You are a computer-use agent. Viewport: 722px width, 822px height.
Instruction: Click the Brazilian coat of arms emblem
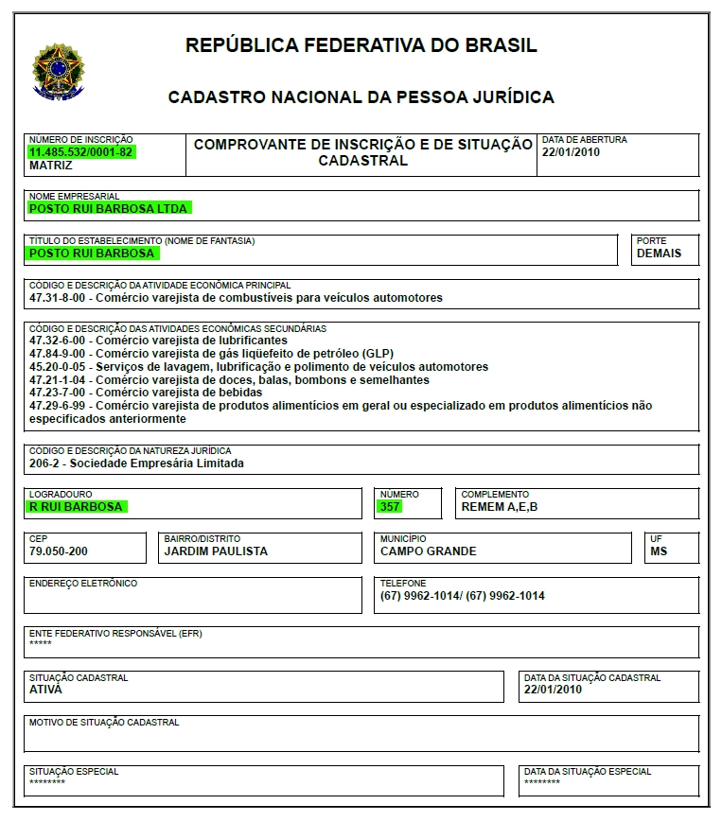tap(59, 72)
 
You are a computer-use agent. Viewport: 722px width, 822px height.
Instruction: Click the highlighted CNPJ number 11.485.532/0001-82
tap(81, 151)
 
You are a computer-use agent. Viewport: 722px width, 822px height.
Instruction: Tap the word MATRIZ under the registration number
tap(50, 164)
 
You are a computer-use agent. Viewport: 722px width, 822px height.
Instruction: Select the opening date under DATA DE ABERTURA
tap(571, 151)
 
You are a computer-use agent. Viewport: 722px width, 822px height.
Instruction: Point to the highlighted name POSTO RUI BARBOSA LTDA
tap(109, 208)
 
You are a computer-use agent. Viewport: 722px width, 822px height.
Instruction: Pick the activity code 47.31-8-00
tap(58, 297)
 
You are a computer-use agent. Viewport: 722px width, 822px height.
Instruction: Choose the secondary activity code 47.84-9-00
tap(58, 353)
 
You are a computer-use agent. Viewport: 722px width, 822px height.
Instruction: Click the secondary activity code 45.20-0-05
tap(58, 366)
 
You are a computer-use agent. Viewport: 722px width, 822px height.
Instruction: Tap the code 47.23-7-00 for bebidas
tap(58, 392)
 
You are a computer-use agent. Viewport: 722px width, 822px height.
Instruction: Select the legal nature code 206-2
tap(44, 463)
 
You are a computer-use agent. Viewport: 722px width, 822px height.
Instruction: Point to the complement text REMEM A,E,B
tap(500, 506)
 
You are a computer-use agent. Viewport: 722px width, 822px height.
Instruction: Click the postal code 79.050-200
tap(59, 551)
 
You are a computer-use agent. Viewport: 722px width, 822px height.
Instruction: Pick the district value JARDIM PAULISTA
tap(216, 551)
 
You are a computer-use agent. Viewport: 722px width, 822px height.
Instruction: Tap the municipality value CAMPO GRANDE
tap(428, 551)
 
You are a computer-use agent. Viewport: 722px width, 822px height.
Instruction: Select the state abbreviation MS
tap(659, 551)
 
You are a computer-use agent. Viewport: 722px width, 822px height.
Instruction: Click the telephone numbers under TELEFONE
tap(462, 596)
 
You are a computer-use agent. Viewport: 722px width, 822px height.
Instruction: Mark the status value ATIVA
tap(45, 690)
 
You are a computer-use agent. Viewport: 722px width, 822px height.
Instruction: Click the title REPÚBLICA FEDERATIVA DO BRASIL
tap(361, 44)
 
